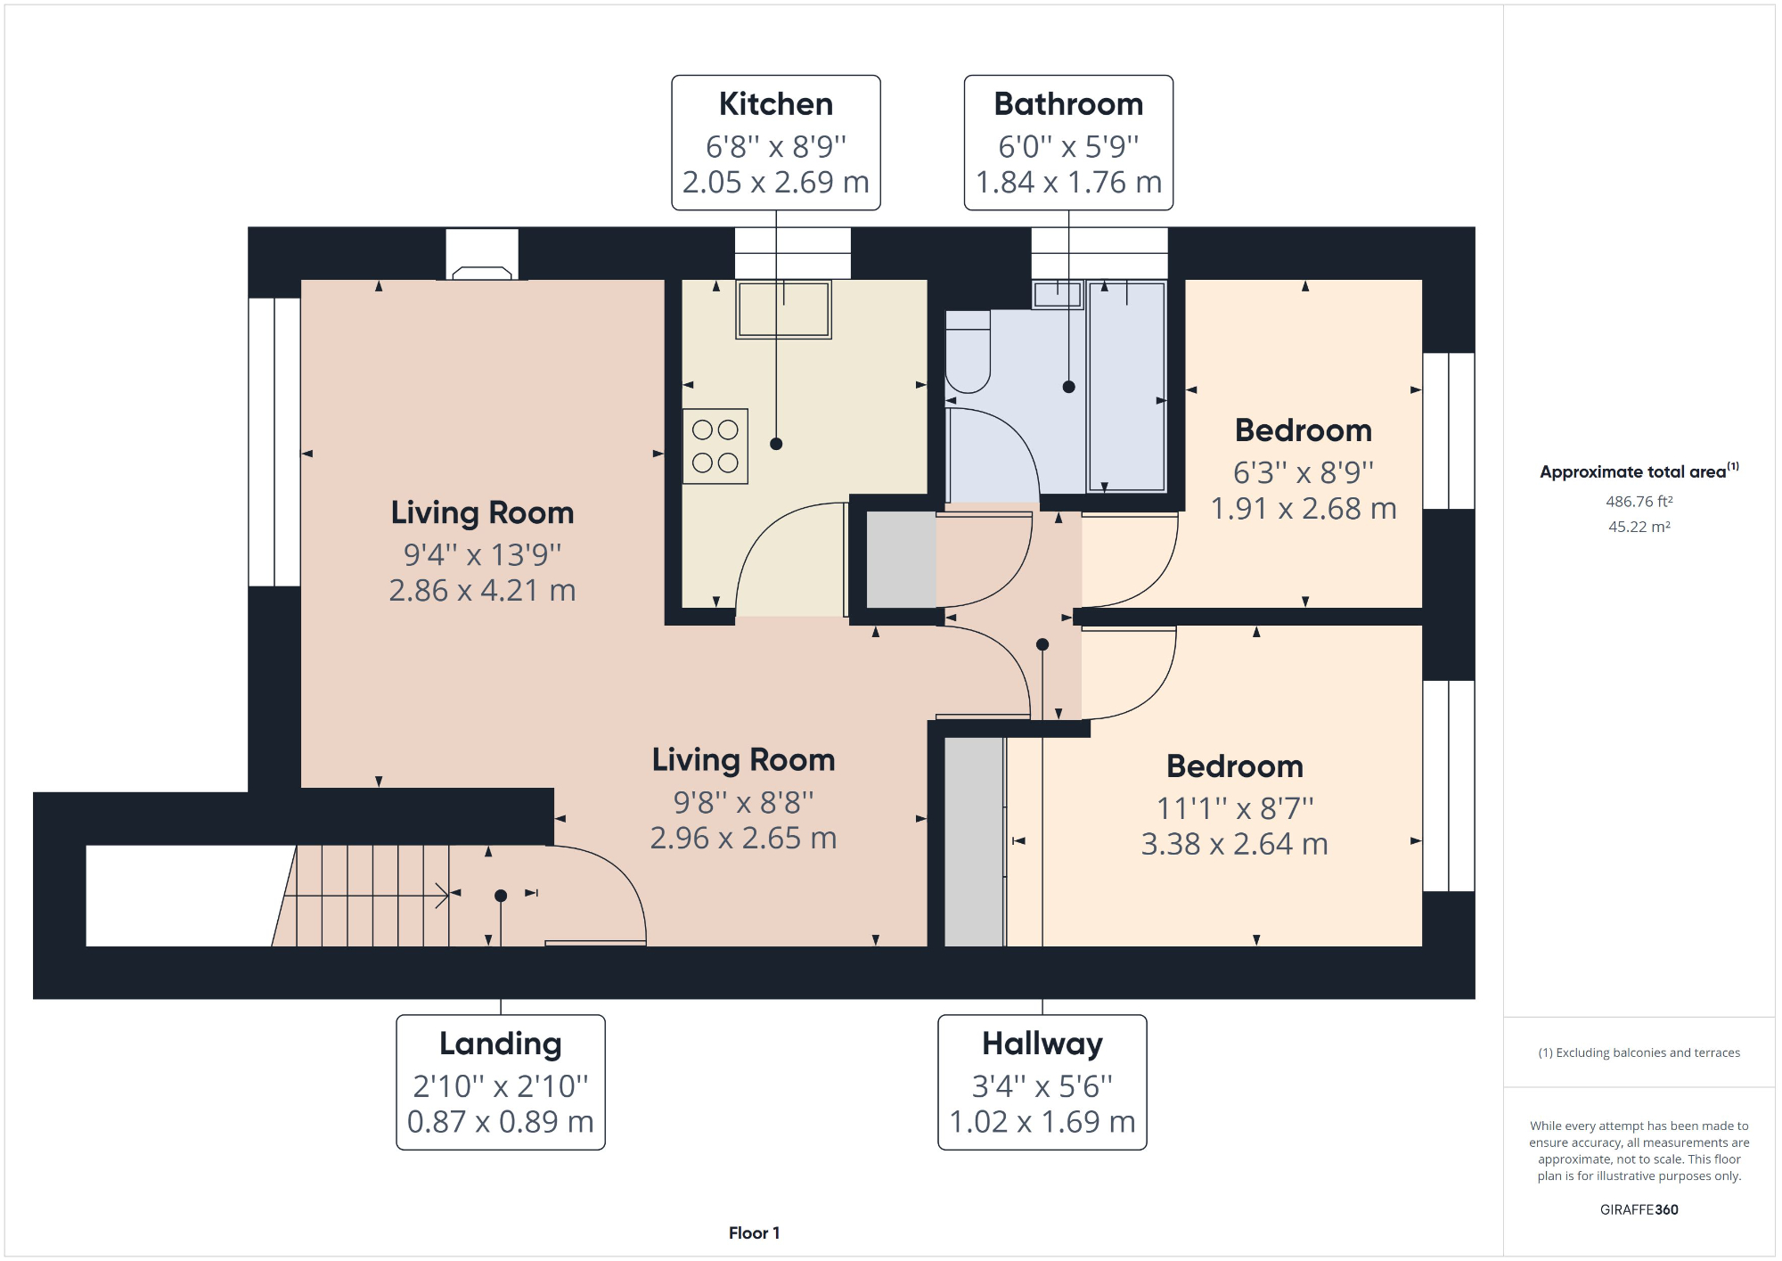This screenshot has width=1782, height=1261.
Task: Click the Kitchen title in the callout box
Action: click(775, 104)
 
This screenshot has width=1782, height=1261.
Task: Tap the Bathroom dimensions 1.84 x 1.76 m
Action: click(1068, 182)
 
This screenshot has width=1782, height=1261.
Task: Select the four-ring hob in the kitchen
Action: click(715, 446)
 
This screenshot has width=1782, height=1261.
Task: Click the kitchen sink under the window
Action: click(783, 310)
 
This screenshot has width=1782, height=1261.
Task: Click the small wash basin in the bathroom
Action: click(1057, 294)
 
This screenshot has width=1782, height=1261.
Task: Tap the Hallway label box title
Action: click(1042, 1044)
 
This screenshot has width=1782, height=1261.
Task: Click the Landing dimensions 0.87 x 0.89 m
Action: click(500, 1121)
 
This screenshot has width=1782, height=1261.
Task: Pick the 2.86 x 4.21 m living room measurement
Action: click(482, 590)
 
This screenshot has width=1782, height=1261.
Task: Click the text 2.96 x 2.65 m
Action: click(743, 838)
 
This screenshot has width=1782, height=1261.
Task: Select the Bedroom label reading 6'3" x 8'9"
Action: click(1303, 472)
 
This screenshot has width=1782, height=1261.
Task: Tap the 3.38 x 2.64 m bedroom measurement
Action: click(1234, 843)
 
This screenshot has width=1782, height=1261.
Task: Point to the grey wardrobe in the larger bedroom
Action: click(974, 840)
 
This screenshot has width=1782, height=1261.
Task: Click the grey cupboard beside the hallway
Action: click(901, 560)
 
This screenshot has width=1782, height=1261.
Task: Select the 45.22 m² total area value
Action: click(1639, 527)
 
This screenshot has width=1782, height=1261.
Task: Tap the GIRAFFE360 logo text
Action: click(1639, 1209)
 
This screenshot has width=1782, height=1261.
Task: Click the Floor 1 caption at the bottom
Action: click(754, 1232)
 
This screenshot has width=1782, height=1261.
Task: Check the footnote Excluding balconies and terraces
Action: click(1639, 1052)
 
